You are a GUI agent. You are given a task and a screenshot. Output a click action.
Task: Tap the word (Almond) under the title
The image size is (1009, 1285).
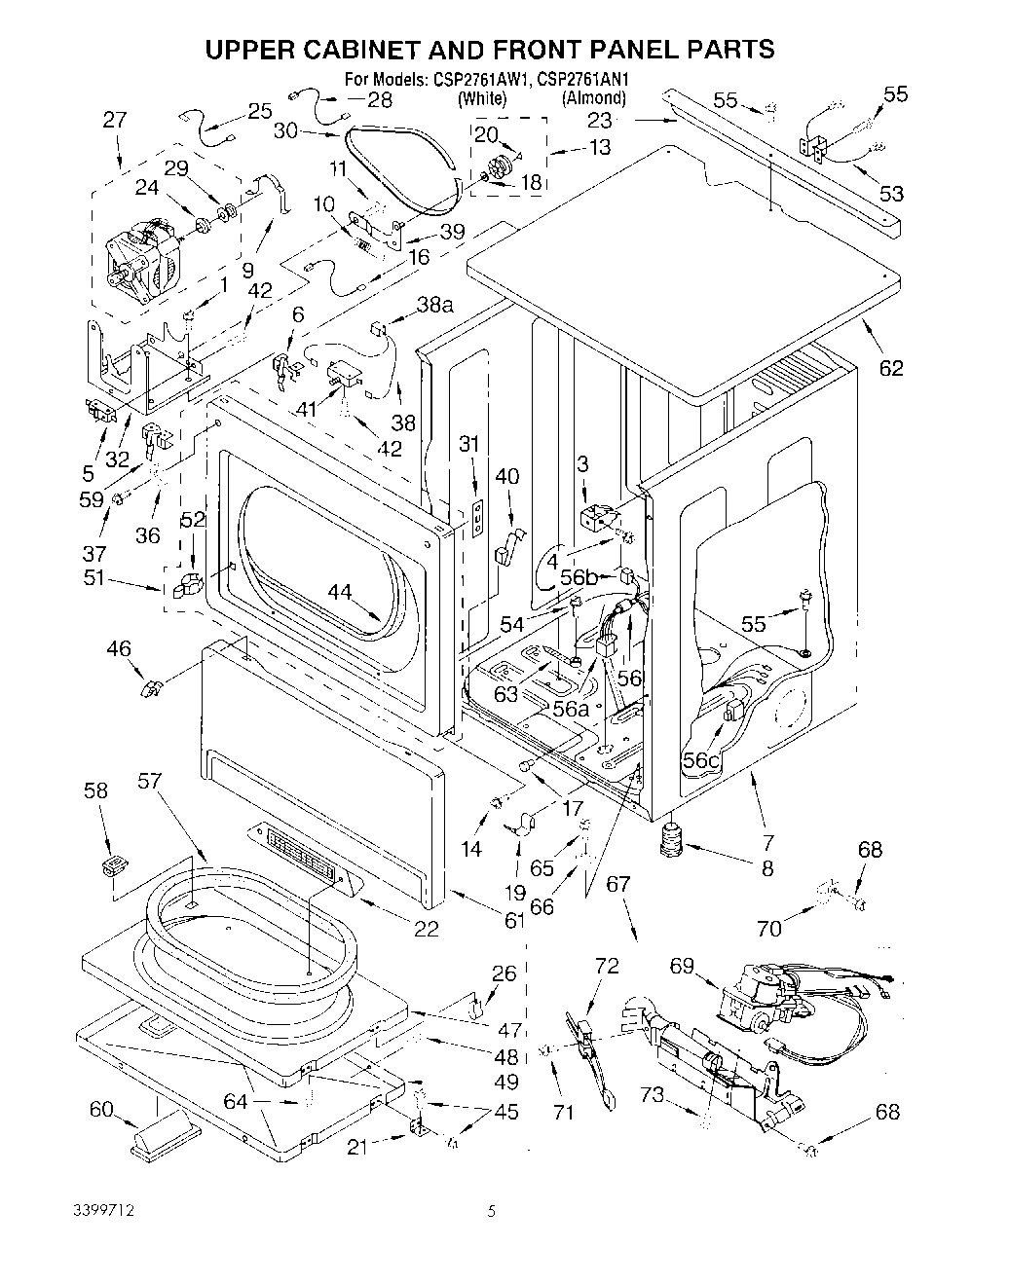tap(593, 97)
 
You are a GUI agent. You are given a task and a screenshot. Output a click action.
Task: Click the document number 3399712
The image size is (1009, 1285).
tap(103, 1212)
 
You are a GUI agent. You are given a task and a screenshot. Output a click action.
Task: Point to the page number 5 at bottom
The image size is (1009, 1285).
tap(493, 1212)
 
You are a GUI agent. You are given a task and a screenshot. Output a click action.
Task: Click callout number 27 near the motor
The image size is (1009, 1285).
tap(115, 120)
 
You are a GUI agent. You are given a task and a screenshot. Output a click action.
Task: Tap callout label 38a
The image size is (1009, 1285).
tap(434, 304)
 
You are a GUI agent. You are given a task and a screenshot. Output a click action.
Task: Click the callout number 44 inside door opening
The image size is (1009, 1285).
tap(339, 591)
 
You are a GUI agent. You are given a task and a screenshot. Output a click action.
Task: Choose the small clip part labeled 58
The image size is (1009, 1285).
tap(117, 864)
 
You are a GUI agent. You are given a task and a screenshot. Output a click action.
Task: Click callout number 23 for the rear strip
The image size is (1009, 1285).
tap(599, 121)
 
